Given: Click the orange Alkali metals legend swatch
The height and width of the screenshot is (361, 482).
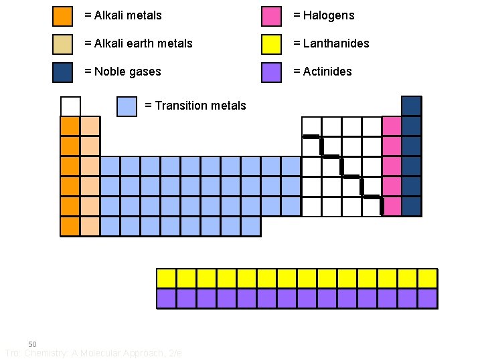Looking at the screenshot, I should tap(62, 15).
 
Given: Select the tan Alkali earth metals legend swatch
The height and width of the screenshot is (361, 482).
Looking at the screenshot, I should tap(62, 43).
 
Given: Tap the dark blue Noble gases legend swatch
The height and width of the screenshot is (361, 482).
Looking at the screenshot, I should tap(62, 72).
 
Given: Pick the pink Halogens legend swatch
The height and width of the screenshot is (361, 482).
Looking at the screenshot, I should tap(271, 15).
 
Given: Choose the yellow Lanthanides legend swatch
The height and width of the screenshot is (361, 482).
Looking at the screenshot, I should tap(271, 43).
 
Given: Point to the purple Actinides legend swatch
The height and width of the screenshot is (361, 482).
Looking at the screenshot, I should tap(271, 72).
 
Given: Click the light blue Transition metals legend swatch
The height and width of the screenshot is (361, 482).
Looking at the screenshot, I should tap(127, 106).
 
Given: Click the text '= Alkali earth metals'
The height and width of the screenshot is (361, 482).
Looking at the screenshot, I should tap(138, 43).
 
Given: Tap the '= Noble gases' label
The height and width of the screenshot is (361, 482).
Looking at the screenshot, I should tap(123, 72).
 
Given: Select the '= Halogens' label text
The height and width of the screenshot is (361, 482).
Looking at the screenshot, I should tap(323, 15).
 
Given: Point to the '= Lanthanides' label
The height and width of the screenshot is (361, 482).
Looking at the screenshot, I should tap(331, 43).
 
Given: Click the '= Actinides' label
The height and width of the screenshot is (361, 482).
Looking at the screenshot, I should tap(322, 72).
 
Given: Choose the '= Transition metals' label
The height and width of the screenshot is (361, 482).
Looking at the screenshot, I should tap(195, 106).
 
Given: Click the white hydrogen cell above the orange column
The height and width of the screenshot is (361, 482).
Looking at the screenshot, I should tap(70, 106).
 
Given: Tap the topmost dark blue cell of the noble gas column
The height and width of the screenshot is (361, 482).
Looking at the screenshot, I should tap(412, 106).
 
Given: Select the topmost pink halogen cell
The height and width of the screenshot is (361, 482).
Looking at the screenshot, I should tap(392, 126).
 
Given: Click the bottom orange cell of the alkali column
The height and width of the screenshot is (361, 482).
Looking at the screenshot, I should tap(70, 227).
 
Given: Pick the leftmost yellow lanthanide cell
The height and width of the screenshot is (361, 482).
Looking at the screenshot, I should tap(166, 278).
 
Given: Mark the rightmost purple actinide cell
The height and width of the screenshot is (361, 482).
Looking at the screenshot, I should tap(427, 298).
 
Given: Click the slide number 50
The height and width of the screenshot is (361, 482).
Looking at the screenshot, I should tap(32, 344).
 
